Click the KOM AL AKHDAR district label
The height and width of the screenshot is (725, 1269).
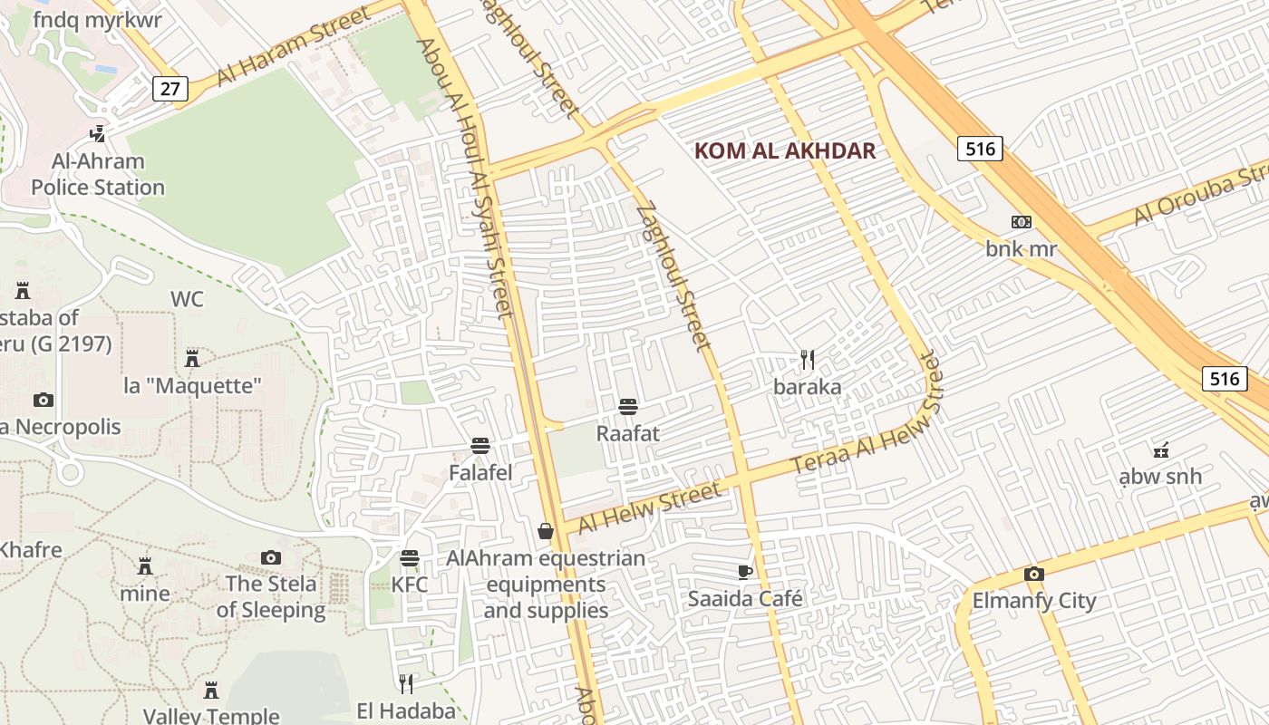785,151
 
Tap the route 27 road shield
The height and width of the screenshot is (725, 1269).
170,88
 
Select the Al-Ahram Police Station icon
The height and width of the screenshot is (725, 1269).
97,135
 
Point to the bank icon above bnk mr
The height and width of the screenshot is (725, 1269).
1022,222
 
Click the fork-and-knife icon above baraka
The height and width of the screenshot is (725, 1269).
808,360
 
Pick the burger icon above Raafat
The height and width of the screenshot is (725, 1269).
628,407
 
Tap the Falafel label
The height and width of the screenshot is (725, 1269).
480,472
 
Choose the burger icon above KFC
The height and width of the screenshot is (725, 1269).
410,557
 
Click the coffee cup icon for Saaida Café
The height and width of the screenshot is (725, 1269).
745,572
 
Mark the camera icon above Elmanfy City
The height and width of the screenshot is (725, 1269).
1034,574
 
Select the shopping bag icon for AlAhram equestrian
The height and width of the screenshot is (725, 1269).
546,531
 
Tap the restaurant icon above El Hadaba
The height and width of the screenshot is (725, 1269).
406,683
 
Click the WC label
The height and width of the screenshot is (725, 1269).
187,299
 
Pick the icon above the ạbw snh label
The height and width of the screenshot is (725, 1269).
1160,449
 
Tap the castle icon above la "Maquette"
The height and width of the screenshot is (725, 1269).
192,358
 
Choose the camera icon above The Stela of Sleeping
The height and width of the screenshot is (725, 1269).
271,557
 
